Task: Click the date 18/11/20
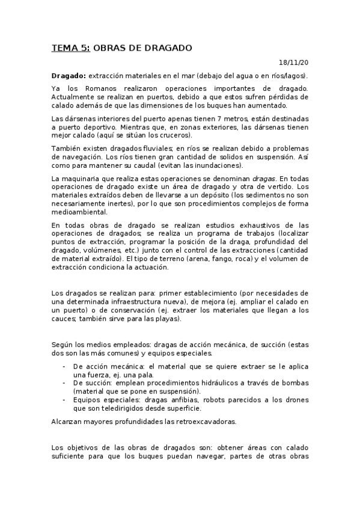[x=294, y=62]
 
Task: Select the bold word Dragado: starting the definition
[x=69, y=75]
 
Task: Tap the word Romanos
[x=87, y=88]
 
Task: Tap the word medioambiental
[x=79, y=212]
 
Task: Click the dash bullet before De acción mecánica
[x=64, y=366]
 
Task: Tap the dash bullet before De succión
[x=64, y=382]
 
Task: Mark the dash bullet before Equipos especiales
[x=64, y=399]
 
